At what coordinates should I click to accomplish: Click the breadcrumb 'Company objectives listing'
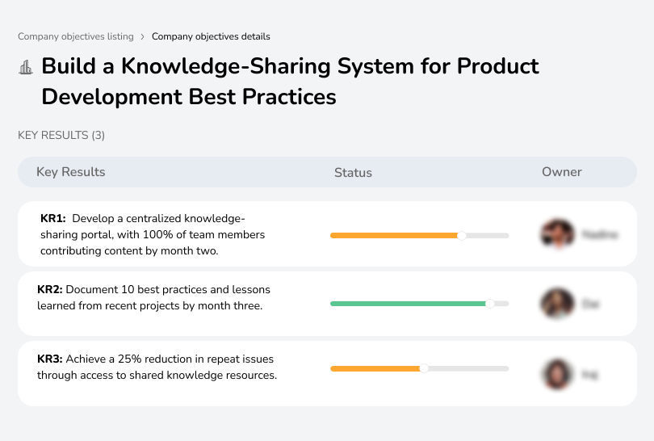[x=75, y=36]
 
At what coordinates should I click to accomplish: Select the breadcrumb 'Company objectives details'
[x=211, y=36]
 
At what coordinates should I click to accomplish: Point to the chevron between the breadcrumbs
[x=142, y=36]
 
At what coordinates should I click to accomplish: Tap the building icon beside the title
[x=26, y=67]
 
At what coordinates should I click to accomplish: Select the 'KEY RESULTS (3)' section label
[x=61, y=135]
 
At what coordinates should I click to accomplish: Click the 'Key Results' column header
[x=70, y=172]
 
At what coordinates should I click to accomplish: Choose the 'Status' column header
[x=353, y=172]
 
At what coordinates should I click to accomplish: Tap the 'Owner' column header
[x=561, y=172]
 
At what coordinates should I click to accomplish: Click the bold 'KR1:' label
[x=53, y=219]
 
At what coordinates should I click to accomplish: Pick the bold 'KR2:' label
[x=50, y=289]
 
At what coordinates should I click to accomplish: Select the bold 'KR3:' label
[x=50, y=359]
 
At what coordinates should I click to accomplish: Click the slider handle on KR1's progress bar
[x=462, y=236]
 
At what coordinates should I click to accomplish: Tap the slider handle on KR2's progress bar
[x=489, y=304]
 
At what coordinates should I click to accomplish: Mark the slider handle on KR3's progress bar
[x=424, y=368]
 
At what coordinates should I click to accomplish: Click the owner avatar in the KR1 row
[x=558, y=234]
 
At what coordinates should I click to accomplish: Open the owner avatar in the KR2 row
[x=557, y=304]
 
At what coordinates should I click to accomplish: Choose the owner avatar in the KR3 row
[x=557, y=374]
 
